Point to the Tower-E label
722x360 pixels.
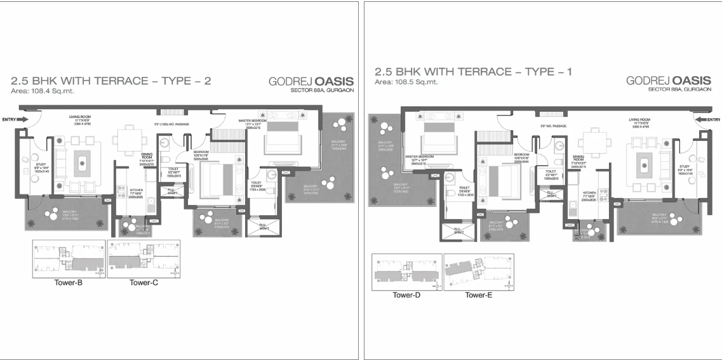coord(479,295)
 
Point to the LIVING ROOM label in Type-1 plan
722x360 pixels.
coord(640,119)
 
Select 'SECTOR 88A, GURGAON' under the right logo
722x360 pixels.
coord(679,90)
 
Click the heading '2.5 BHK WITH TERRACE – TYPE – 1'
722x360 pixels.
coord(473,72)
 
